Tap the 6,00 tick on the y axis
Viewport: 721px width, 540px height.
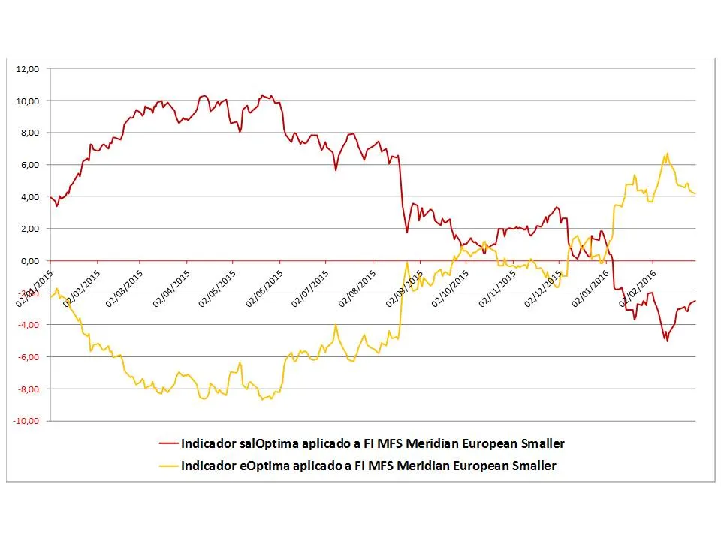29,165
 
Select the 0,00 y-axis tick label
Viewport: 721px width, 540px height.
29,260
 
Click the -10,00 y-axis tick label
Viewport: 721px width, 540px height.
26,421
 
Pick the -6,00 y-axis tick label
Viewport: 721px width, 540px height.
28,356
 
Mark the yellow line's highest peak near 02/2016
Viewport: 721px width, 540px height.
667,154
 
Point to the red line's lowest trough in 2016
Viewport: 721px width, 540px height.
667,340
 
